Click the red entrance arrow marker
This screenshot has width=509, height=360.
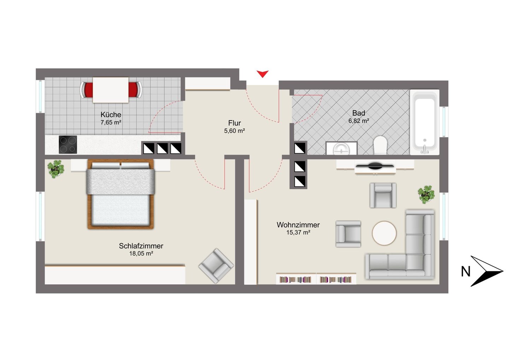(262, 74)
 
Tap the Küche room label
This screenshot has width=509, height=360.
(111, 115)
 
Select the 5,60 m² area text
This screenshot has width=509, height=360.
(234, 131)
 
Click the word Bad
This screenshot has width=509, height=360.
(358, 113)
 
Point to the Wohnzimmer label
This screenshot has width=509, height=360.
(298, 225)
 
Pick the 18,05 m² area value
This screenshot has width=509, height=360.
(141, 254)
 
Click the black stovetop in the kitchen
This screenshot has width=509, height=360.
(68, 145)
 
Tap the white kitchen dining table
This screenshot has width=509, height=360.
(111, 90)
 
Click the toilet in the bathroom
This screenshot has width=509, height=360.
(380, 145)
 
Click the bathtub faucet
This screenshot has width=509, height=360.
(425, 149)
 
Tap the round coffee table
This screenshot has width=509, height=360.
(384, 233)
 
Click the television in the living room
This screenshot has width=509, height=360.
(375, 166)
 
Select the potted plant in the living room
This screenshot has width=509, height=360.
(426, 194)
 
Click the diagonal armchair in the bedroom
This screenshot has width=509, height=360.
(216, 266)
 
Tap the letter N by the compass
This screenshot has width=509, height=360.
(466, 271)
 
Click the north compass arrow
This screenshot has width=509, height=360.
(487, 271)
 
